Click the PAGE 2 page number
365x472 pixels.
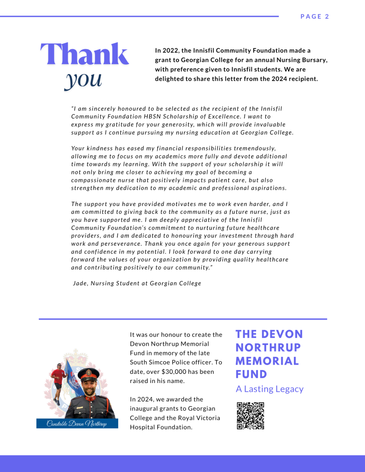314,17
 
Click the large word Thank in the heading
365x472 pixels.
84,54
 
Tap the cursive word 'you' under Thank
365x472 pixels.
83,78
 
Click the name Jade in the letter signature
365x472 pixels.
80,283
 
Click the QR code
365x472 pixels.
251,416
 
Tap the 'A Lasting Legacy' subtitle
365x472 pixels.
269,389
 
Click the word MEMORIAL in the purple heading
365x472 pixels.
267,360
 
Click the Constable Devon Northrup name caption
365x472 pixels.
77,424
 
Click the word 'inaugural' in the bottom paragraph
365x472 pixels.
145,409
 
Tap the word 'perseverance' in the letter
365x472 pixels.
115,244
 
